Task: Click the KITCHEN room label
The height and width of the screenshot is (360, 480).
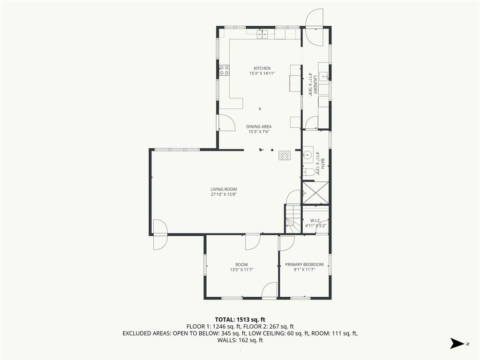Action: pyautogui.click(x=262, y=68)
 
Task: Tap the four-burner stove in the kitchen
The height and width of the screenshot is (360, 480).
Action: pyautogui.click(x=225, y=70)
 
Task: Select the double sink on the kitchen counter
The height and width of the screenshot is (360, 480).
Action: pyautogui.click(x=262, y=33)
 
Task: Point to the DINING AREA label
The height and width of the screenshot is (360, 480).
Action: pyautogui.click(x=259, y=127)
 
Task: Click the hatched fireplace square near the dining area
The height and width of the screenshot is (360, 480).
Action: pyautogui.click(x=284, y=155)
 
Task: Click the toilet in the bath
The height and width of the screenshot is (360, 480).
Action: pyautogui.click(x=308, y=172)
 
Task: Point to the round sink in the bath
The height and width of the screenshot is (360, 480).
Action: pyautogui.click(x=308, y=154)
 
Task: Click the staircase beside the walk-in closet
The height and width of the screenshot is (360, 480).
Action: pyautogui.click(x=293, y=219)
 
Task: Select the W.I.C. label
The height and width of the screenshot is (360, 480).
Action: pyautogui.click(x=315, y=220)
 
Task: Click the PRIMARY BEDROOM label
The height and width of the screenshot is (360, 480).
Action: pyautogui.click(x=304, y=264)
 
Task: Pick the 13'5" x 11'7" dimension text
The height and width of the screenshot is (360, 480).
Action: pyautogui.click(x=241, y=270)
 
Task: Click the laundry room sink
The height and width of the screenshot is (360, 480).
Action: pyautogui.click(x=323, y=74)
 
